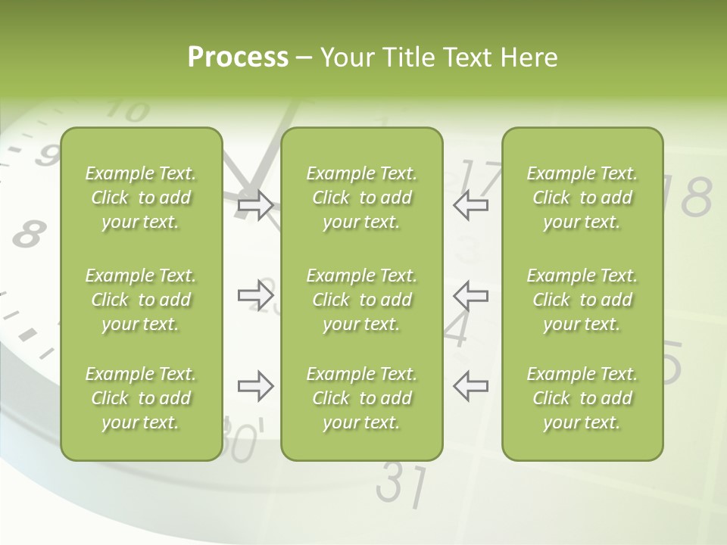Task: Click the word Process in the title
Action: click(238, 58)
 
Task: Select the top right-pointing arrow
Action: click(255, 205)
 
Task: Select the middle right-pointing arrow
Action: click(255, 295)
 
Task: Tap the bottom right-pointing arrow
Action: click(255, 386)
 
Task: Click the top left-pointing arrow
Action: click(470, 205)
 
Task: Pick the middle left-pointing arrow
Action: click(470, 295)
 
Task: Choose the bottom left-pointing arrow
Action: click(470, 386)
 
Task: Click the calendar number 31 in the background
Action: click(401, 484)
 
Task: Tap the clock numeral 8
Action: click(28, 234)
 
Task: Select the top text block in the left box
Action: click(141, 198)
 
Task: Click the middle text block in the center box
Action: click(361, 300)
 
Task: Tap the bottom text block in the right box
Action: click(582, 398)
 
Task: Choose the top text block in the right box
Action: click(582, 198)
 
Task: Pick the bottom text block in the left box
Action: click(141, 398)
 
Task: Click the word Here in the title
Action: click(529, 58)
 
